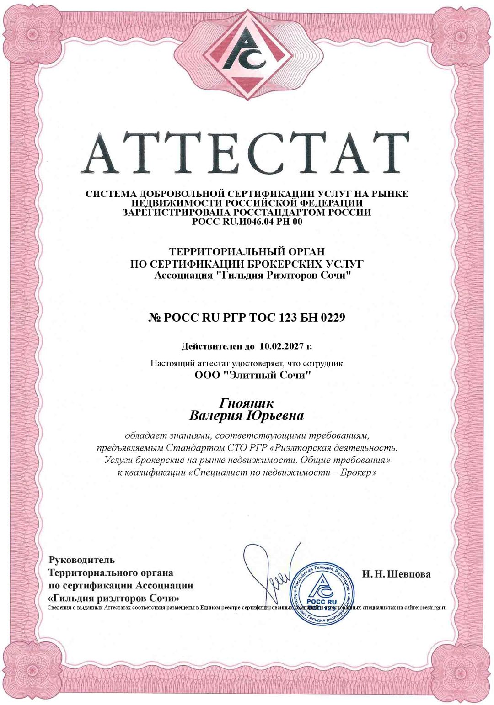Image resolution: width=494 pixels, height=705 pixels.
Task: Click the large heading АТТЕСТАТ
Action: pyautogui.click(x=247, y=150)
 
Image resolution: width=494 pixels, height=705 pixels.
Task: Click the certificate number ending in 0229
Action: pyautogui.click(x=247, y=317)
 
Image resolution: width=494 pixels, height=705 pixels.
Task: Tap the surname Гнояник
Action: pyautogui.click(x=247, y=403)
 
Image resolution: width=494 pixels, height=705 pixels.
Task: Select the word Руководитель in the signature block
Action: pyautogui.click(x=82, y=560)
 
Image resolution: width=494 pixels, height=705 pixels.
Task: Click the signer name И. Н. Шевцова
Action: pyautogui.click(x=396, y=574)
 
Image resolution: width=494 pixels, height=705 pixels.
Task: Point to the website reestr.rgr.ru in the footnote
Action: pyautogui.click(x=433, y=607)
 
